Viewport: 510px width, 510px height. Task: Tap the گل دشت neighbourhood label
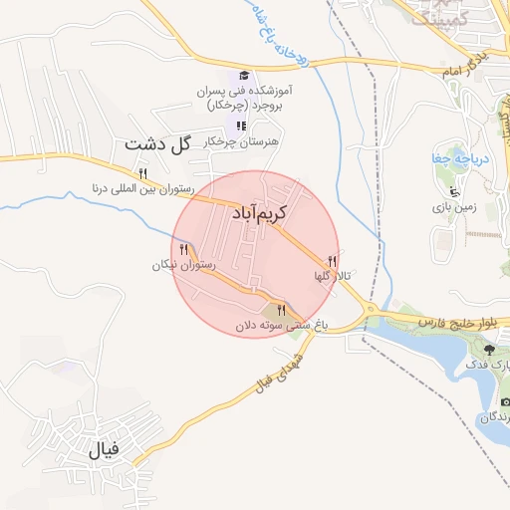(157, 144)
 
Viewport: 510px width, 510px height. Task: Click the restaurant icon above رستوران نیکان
(184, 249)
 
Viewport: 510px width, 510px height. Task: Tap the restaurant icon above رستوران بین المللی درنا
(143, 173)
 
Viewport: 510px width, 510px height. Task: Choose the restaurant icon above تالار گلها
(332, 261)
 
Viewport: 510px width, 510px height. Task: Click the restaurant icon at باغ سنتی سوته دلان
(282, 310)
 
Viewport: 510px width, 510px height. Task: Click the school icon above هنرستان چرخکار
(240, 126)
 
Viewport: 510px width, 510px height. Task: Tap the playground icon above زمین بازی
(455, 191)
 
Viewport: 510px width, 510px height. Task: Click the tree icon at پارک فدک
(489, 349)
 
